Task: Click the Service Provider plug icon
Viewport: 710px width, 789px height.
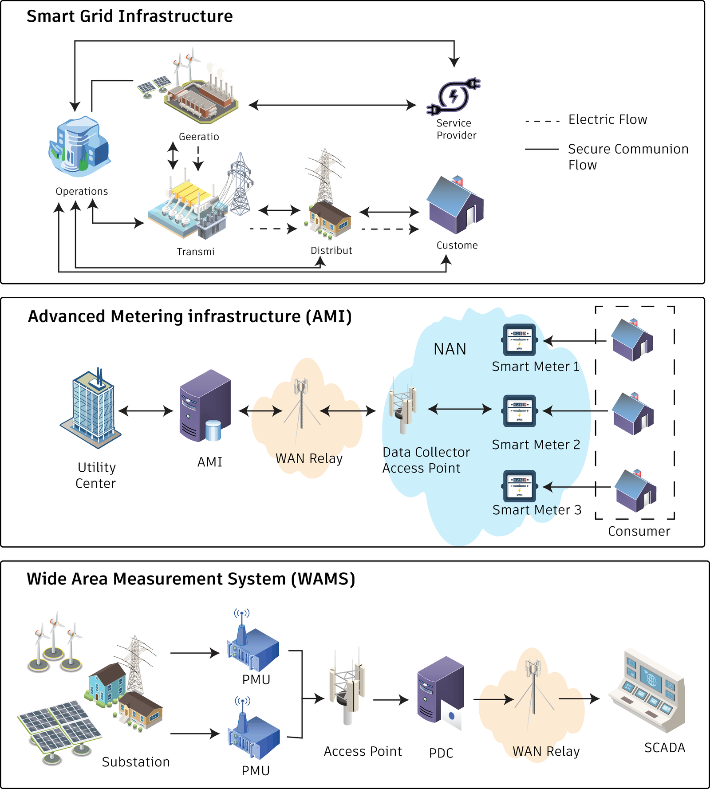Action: click(453, 96)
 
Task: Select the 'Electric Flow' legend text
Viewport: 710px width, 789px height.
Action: click(607, 119)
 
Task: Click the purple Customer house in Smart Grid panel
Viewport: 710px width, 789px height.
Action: click(455, 205)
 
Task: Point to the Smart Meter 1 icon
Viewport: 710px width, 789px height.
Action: click(519, 340)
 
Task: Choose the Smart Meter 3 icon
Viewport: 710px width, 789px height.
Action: click(519, 486)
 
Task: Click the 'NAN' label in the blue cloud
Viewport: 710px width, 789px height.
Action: click(450, 349)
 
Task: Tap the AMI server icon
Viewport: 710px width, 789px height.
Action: click(205, 406)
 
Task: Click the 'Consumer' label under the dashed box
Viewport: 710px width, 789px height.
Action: click(639, 531)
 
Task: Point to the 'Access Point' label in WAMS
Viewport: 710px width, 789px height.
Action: click(363, 751)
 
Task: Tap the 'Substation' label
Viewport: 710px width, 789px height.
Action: click(136, 762)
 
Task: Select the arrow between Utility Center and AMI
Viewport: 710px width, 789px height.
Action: click(146, 411)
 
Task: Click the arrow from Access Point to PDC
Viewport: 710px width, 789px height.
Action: click(391, 700)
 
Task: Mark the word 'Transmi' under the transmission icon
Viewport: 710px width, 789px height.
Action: click(196, 252)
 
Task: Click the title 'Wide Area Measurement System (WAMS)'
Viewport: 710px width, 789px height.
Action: click(191, 579)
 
